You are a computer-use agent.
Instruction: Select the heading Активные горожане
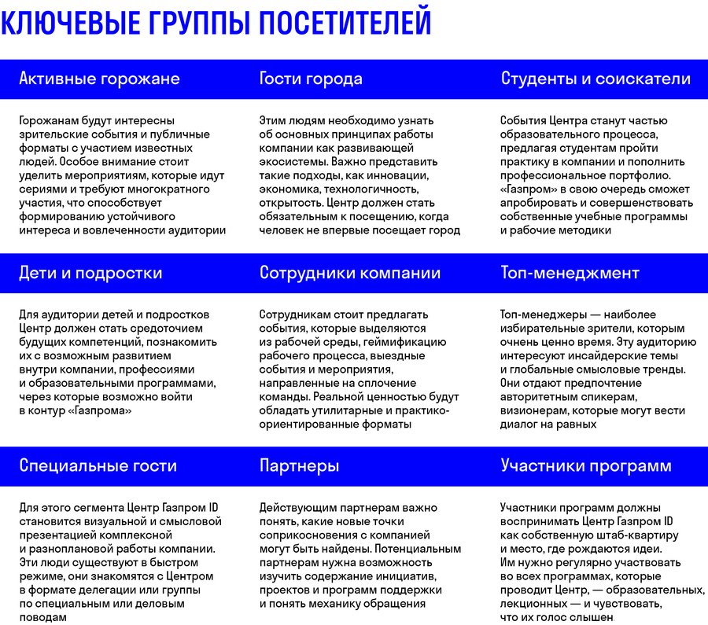point(99,79)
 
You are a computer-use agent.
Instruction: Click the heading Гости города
point(311,79)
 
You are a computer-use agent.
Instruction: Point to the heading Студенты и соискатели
point(596,79)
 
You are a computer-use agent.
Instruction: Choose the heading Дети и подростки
point(90,273)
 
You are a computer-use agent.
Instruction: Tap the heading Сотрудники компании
point(350,273)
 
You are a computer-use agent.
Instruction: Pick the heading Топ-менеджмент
point(570,273)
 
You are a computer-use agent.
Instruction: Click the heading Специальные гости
point(98,465)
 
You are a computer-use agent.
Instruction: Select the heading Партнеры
point(299,465)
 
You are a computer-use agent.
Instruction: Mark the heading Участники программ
point(586,465)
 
